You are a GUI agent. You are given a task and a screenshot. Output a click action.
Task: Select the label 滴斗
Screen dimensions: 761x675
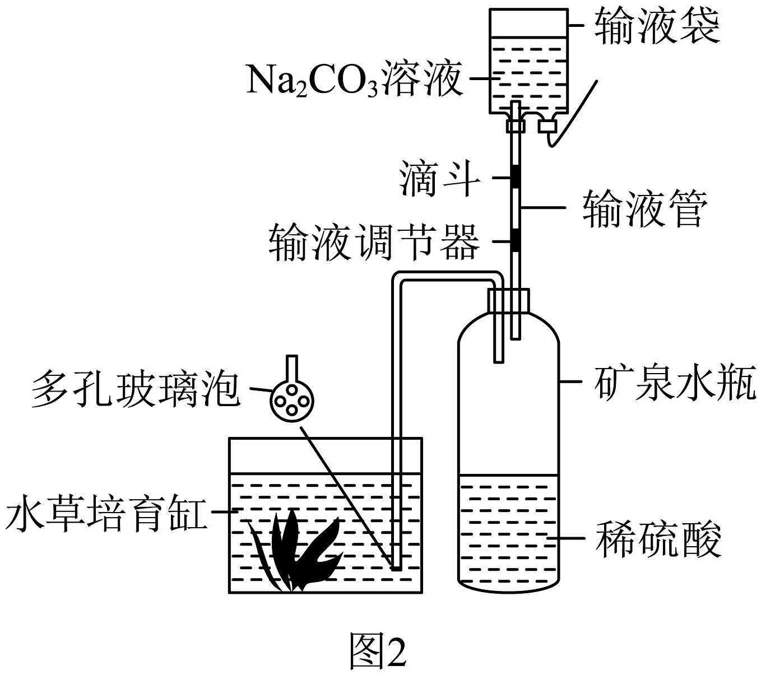click(x=439, y=179)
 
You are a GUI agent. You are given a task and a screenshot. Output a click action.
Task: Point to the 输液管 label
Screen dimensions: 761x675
click(x=645, y=209)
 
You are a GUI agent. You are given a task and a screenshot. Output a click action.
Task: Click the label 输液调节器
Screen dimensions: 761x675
click(x=374, y=242)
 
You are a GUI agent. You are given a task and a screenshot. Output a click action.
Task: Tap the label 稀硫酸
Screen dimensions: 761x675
click(x=658, y=539)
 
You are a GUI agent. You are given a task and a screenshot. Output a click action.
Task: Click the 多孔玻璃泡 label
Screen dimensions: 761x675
click(x=136, y=389)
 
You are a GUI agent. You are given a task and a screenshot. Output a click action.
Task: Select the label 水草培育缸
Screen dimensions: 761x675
click(x=106, y=513)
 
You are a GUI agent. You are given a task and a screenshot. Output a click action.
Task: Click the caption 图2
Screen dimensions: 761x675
click(x=378, y=649)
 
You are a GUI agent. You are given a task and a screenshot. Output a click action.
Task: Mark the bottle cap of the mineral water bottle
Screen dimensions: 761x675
click(x=508, y=300)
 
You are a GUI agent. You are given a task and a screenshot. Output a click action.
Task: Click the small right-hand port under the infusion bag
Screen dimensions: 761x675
click(x=547, y=125)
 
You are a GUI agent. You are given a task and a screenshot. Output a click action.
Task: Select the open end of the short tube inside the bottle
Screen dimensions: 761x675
click(x=498, y=361)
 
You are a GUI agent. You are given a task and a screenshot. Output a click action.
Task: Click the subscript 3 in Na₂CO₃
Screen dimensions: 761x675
click(x=372, y=91)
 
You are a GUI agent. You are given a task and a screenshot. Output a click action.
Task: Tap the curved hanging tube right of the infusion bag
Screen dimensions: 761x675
click(x=573, y=114)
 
